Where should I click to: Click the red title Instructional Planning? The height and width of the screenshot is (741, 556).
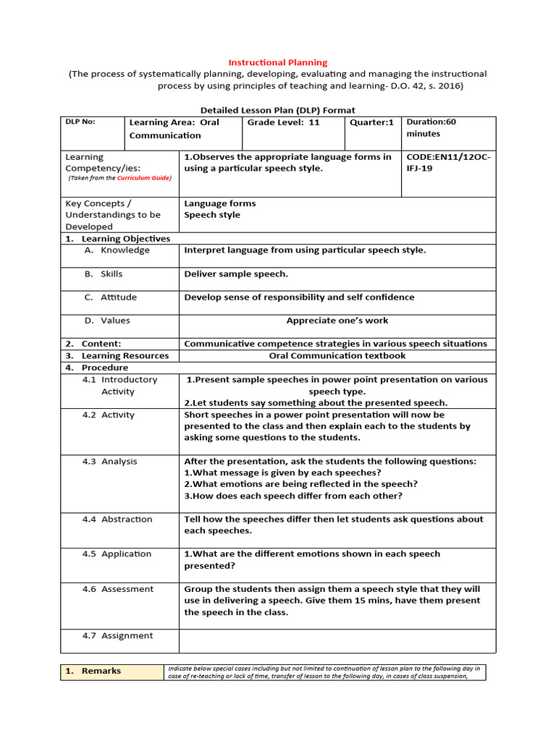tap(278, 63)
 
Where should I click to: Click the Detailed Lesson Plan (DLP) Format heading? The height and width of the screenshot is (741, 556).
tap(277, 110)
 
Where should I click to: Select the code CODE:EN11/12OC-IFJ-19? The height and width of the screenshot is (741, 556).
tap(448, 163)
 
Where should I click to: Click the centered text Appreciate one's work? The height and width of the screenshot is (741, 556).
tap(337, 321)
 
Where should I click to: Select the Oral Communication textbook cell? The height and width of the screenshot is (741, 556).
tap(337, 355)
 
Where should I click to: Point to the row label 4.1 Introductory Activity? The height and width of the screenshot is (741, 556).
tap(119, 386)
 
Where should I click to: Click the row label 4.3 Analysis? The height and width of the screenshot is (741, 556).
tap(109, 462)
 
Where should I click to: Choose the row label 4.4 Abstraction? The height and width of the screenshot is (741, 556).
tap(117, 520)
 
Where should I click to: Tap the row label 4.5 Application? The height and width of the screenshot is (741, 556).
tap(117, 554)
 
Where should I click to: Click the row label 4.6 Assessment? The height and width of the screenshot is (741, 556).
tap(117, 589)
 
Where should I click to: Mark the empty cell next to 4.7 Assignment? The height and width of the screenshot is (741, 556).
tap(337, 640)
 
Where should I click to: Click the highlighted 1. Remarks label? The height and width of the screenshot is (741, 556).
tap(111, 672)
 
